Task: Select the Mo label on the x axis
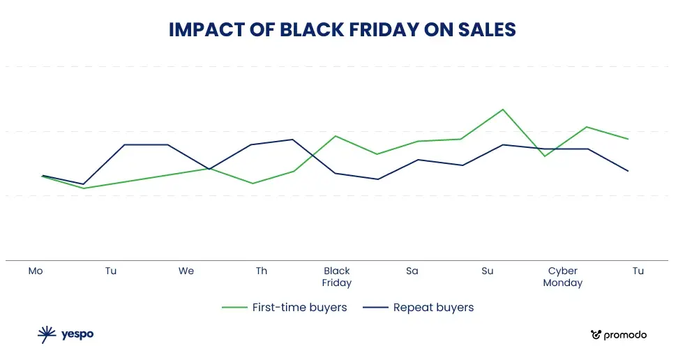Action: [x=36, y=271]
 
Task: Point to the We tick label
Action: [x=186, y=271]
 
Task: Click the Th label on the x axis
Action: [x=261, y=271]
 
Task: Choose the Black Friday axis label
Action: [x=337, y=277]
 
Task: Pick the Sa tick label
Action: [x=412, y=271]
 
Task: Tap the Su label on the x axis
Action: [x=488, y=271]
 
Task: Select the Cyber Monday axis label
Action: [x=563, y=277]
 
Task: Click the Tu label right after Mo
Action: [x=111, y=271]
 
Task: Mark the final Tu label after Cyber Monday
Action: [x=638, y=271]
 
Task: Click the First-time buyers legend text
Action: [x=299, y=307]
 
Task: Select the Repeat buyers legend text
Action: [x=433, y=307]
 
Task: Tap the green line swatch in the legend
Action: [x=234, y=308]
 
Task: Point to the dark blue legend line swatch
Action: [x=375, y=308]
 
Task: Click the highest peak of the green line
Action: [x=503, y=110]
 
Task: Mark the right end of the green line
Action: [x=628, y=139]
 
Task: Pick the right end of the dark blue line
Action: [x=628, y=171]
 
